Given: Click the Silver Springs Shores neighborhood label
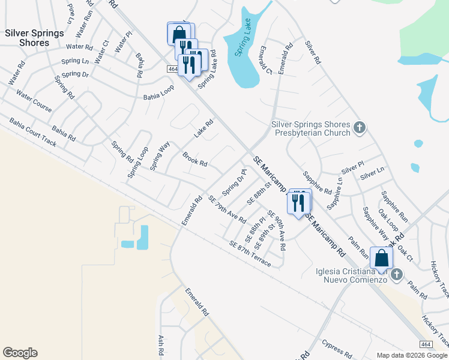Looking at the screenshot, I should (35, 38).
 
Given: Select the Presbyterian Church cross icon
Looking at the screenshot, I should (359, 127).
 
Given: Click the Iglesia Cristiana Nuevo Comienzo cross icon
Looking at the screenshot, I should (396, 274).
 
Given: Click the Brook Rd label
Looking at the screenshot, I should (195, 159).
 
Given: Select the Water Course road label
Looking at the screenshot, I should (35, 103).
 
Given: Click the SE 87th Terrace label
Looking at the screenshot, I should (250, 253).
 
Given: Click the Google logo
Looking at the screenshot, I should (20, 353).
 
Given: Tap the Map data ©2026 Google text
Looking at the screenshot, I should (411, 355).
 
